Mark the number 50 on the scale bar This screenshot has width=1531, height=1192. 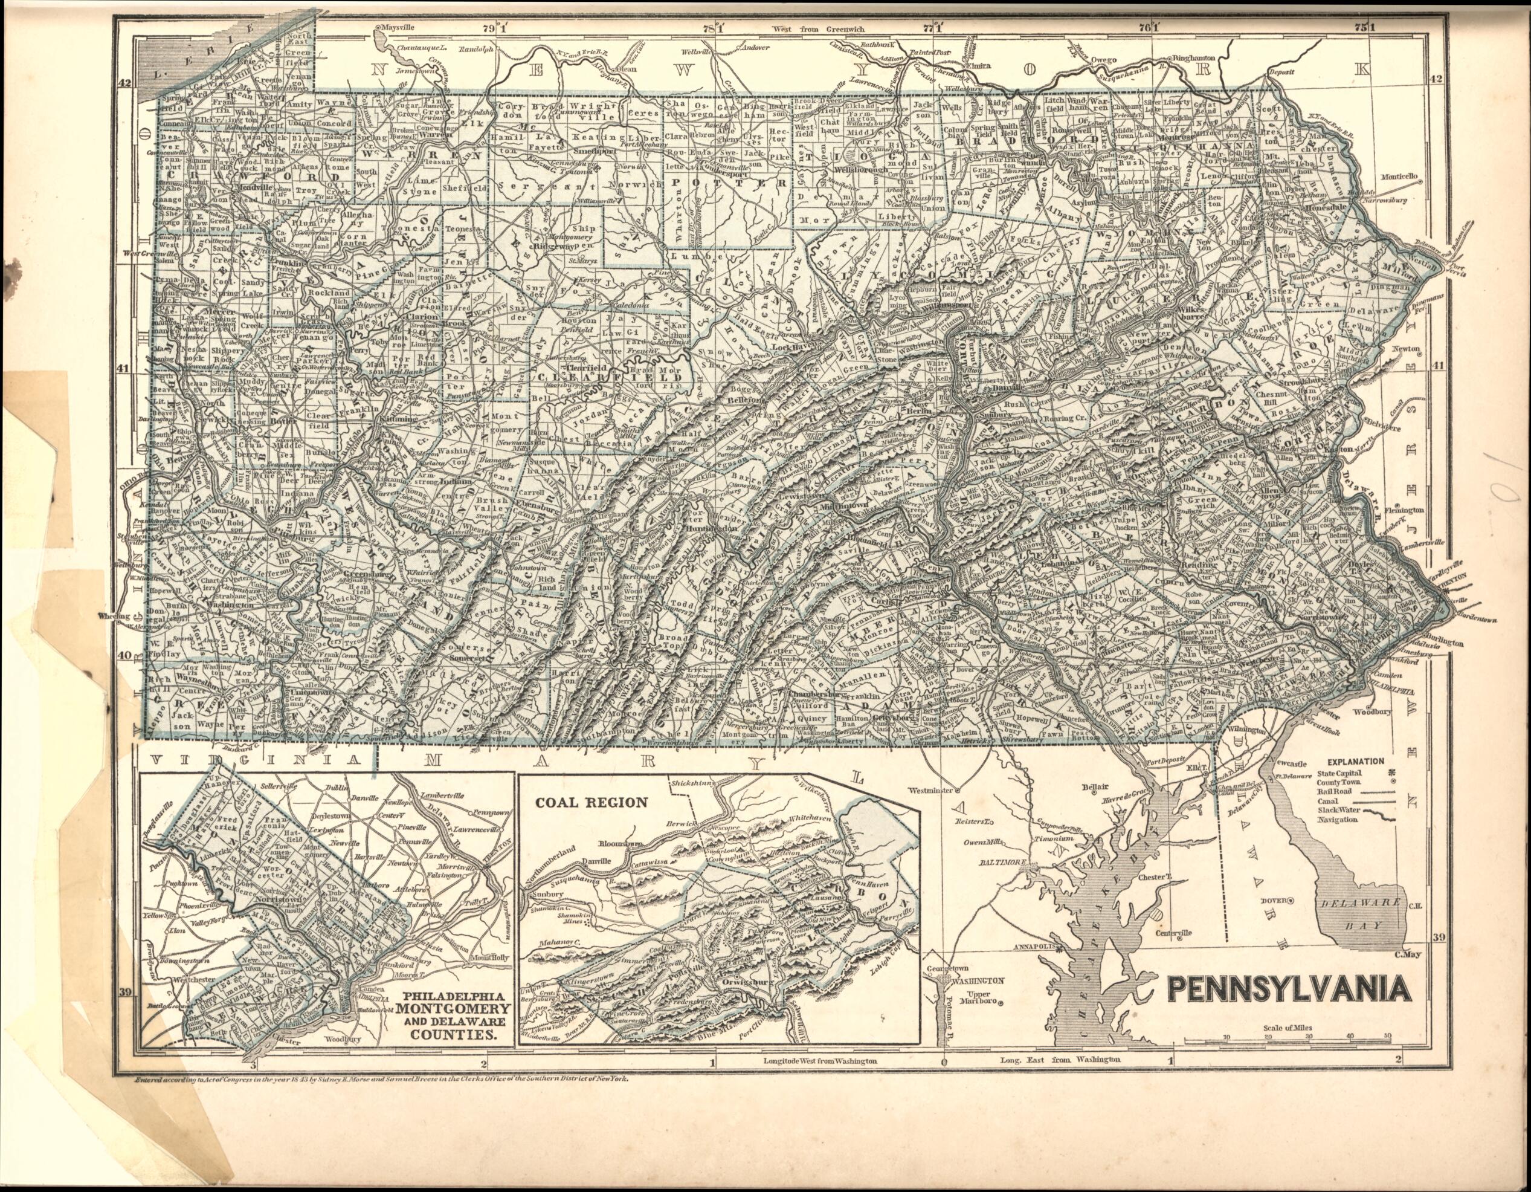coord(1387,1036)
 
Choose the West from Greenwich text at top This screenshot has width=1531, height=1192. coord(818,30)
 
